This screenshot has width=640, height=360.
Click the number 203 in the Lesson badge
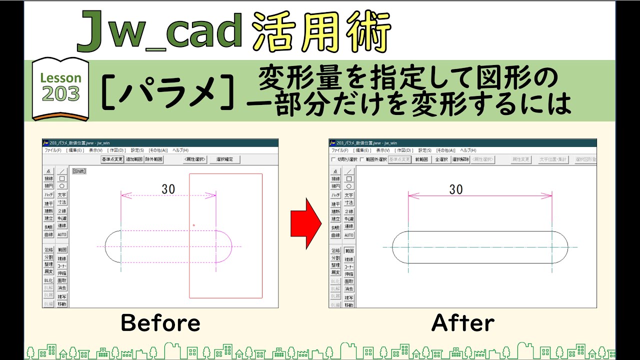pyautogui.click(x=60, y=93)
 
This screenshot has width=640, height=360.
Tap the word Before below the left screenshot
pyautogui.click(x=160, y=323)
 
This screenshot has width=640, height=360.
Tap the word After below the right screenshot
pyautogui.click(x=463, y=323)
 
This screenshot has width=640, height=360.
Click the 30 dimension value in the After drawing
pyautogui.click(x=455, y=189)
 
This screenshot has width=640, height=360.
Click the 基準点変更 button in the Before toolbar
pyautogui.click(x=112, y=159)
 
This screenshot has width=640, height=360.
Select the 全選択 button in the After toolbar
pyautogui.click(x=441, y=159)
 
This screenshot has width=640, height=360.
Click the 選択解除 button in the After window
pyautogui.click(x=460, y=159)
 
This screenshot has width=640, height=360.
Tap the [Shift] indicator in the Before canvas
pyautogui.click(x=79, y=171)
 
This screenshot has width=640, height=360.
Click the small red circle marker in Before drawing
pyautogui.click(x=194, y=225)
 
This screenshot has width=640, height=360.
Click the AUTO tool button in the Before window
pyautogui.click(x=62, y=234)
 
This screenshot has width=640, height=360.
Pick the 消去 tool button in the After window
pyautogui.click(x=349, y=288)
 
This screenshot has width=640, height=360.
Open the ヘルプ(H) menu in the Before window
pyautogui.click(x=180, y=150)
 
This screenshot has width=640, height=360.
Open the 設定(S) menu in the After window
pyautogui.click(x=425, y=150)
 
